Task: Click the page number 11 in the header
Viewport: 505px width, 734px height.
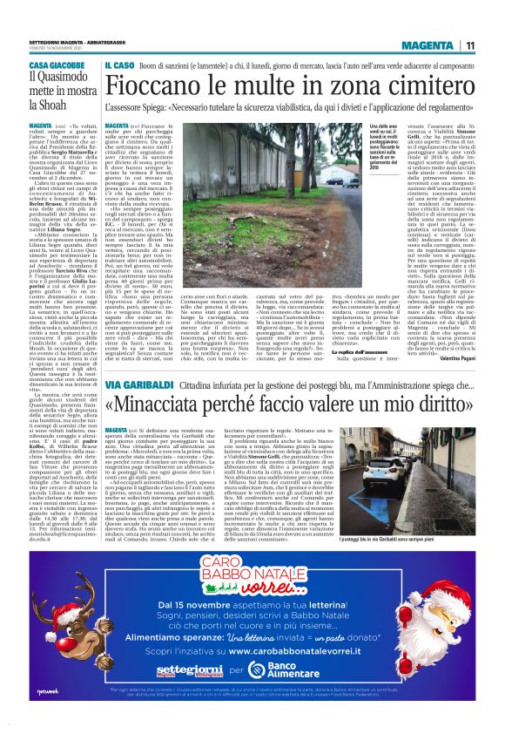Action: pos(470,45)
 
